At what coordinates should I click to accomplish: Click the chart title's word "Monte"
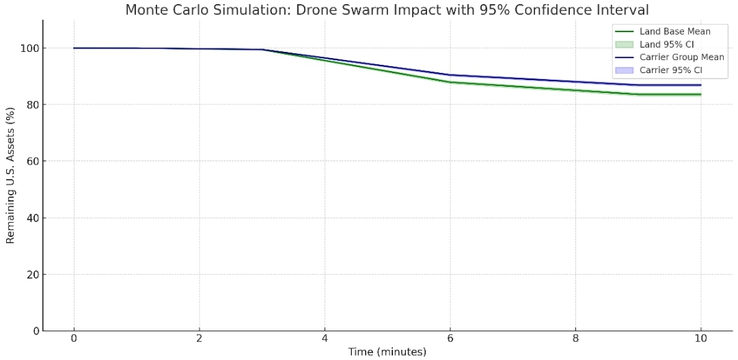(145, 10)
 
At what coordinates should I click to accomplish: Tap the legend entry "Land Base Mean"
(674, 31)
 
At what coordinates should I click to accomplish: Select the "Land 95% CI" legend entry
(666, 44)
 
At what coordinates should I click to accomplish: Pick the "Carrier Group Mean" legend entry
(681, 57)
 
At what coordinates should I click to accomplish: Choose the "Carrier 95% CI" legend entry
(670, 70)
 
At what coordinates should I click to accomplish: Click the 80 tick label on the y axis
(29, 105)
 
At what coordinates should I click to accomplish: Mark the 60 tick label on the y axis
(29, 162)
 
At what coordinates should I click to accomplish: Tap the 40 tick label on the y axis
(29, 219)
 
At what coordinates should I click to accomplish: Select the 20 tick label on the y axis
(29, 275)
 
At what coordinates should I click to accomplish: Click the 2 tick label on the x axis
(199, 338)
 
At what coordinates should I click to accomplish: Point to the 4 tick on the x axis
(325, 338)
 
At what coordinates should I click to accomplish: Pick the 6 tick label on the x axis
(450, 338)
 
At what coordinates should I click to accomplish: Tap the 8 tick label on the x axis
(575, 338)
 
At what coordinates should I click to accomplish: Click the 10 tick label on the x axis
(701, 338)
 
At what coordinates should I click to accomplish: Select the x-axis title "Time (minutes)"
(387, 352)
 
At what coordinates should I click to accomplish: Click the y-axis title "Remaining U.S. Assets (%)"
(10, 176)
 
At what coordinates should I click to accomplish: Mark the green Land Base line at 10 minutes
(701, 94)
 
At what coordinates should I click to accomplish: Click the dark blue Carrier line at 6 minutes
(450, 75)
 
